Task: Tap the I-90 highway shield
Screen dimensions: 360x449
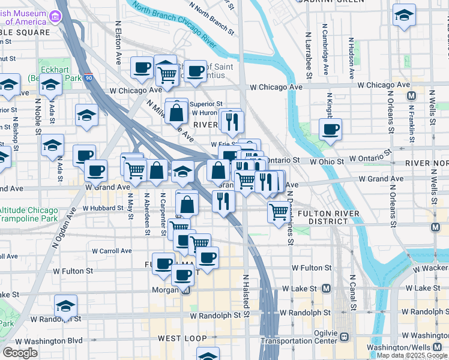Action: tap(89, 78)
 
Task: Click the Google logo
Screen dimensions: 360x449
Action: tap(20, 353)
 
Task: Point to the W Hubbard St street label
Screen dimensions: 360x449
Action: tap(102, 208)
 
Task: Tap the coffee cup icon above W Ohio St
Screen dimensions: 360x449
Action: tap(330, 128)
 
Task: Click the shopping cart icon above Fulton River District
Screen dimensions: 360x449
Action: tap(278, 211)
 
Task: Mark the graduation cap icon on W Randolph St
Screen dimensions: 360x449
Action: tap(65, 306)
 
